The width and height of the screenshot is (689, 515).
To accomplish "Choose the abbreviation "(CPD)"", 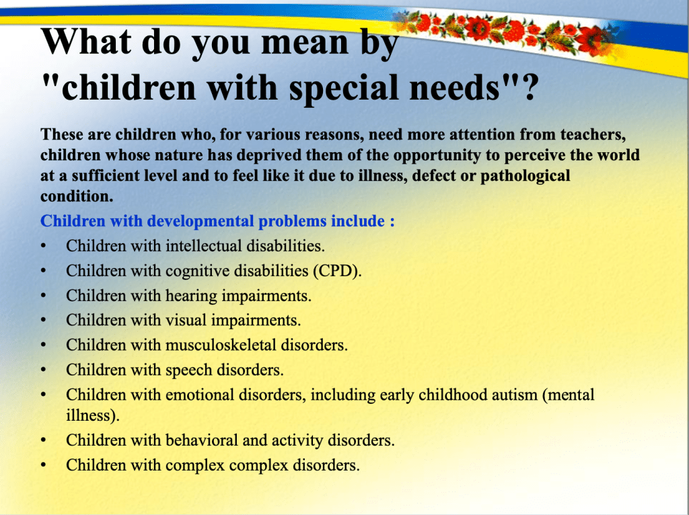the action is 337,271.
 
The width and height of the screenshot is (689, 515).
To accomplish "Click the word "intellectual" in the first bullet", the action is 203,246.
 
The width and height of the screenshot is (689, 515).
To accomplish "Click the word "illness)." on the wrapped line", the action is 93,415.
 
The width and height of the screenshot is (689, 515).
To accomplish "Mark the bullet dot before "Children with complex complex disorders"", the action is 43,466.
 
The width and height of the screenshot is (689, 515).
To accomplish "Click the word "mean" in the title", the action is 305,42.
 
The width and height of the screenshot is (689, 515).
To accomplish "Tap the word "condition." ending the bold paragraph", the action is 77,196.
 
